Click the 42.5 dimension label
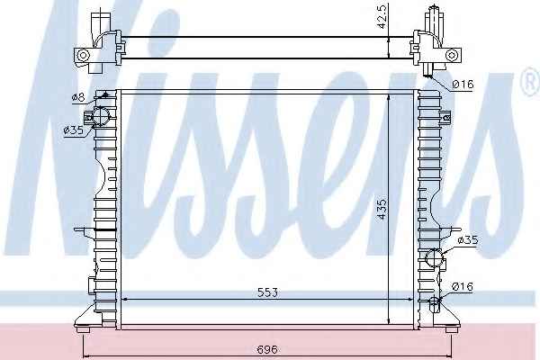[382, 16]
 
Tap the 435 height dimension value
[382, 210]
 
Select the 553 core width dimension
[267, 292]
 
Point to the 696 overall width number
[267, 349]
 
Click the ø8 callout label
[78, 97]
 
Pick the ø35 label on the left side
[74, 130]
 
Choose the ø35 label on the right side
[468, 239]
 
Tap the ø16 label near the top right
[463, 84]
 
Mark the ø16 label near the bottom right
[463, 286]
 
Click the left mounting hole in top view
[83, 55]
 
